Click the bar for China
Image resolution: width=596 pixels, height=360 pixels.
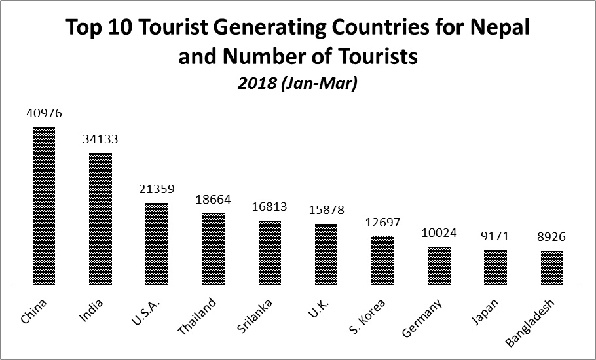click(x=44, y=206)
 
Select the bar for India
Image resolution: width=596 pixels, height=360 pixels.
click(x=100, y=219)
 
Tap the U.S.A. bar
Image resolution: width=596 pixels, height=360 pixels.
click(x=157, y=244)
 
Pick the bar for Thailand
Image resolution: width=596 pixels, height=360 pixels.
click(x=213, y=249)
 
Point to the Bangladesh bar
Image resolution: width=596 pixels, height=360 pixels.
click(x=552, y=268)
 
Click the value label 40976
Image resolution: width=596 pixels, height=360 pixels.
click(x=44, y=113)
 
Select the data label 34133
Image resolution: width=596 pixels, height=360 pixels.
click(x=100, y=139)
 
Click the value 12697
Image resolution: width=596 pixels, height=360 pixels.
click(x=382, y=223)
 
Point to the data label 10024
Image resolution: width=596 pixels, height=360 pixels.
click(x=439, y=233)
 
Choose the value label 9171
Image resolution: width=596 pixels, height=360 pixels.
click(x=495, y=236)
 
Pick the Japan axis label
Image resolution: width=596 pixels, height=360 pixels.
click(x=485, y=311)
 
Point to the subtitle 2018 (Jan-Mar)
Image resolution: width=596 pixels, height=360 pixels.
click(x=298, y=84)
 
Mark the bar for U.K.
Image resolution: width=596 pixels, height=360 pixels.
click(x=326, y=255)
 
